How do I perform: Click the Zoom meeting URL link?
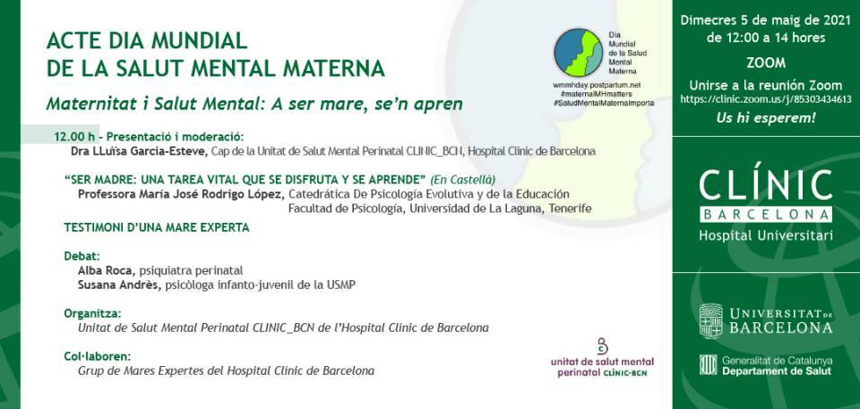point(766,99)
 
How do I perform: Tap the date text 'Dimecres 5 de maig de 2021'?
point(766,21)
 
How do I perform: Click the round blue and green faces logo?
point(578,53)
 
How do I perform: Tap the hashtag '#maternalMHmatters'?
point(597,94)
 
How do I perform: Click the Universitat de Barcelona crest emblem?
point(710,320)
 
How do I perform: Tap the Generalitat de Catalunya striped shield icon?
point(708,364)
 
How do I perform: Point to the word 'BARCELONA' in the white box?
point(766,215)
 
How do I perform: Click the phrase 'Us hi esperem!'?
point(766,118)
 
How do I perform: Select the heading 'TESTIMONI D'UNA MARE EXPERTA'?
point(157,227)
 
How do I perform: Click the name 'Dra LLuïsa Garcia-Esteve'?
point(140,151)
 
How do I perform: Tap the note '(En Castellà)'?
point(463,179)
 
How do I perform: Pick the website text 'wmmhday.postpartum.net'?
point(597,86)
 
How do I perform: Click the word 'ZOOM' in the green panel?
point(766,63)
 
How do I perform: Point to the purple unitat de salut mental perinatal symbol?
point(602,346)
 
